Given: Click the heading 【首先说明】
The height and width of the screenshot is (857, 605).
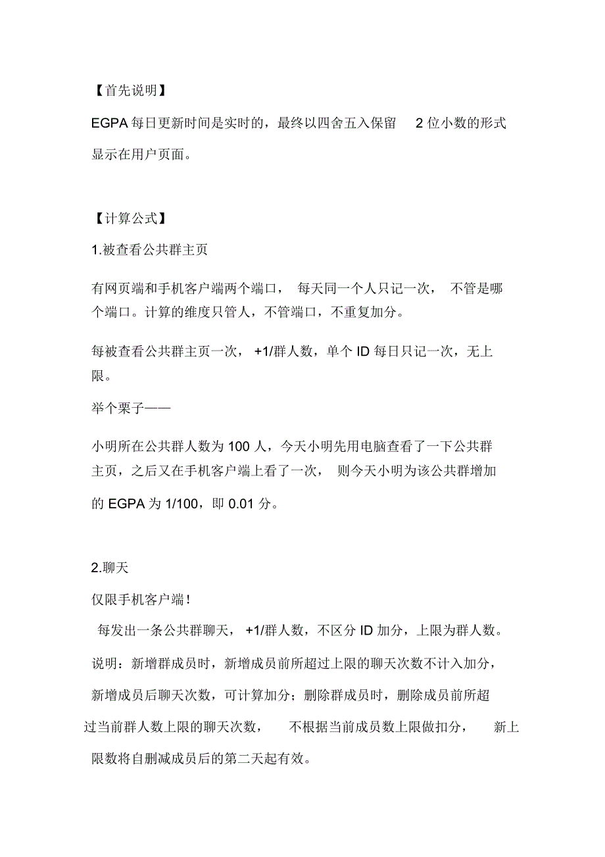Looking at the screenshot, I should tap(126, 91).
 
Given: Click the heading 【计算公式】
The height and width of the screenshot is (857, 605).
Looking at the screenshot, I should tap(126, 218).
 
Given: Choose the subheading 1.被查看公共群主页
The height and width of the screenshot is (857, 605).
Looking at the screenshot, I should tap(150, 250).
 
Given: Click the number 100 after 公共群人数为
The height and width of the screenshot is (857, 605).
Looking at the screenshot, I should tap(239, 447).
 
